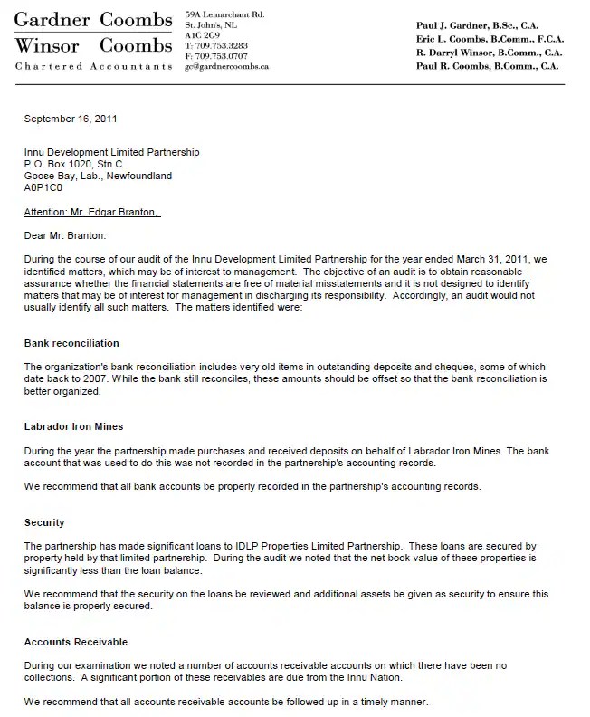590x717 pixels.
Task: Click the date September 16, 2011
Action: pos(71,119)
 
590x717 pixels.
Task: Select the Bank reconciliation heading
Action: pos(71,344)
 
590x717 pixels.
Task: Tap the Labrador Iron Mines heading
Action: pos(75,425)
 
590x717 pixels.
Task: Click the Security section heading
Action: pos(44,523)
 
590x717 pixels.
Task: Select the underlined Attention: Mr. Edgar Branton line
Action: pos(92,213)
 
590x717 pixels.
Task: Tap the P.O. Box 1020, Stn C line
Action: pos(73,165)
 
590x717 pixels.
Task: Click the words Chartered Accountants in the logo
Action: pos(93,67)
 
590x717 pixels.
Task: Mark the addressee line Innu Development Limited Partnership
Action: pos(112,153)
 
